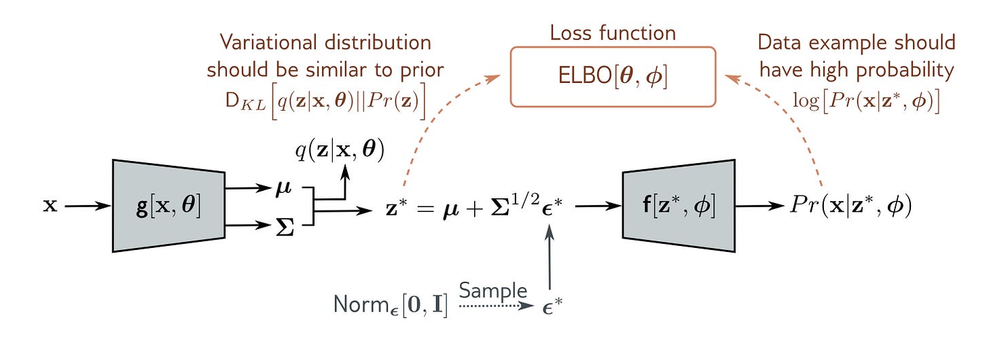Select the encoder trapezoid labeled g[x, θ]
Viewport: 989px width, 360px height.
[x=168, y=206]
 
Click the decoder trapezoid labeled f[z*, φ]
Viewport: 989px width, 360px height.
[x=679, y=206]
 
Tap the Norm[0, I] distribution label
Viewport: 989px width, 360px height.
[x=391, y=304]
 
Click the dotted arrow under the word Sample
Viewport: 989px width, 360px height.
[x=493, y=306]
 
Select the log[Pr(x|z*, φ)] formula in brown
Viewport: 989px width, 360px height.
[x=866, y=100]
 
